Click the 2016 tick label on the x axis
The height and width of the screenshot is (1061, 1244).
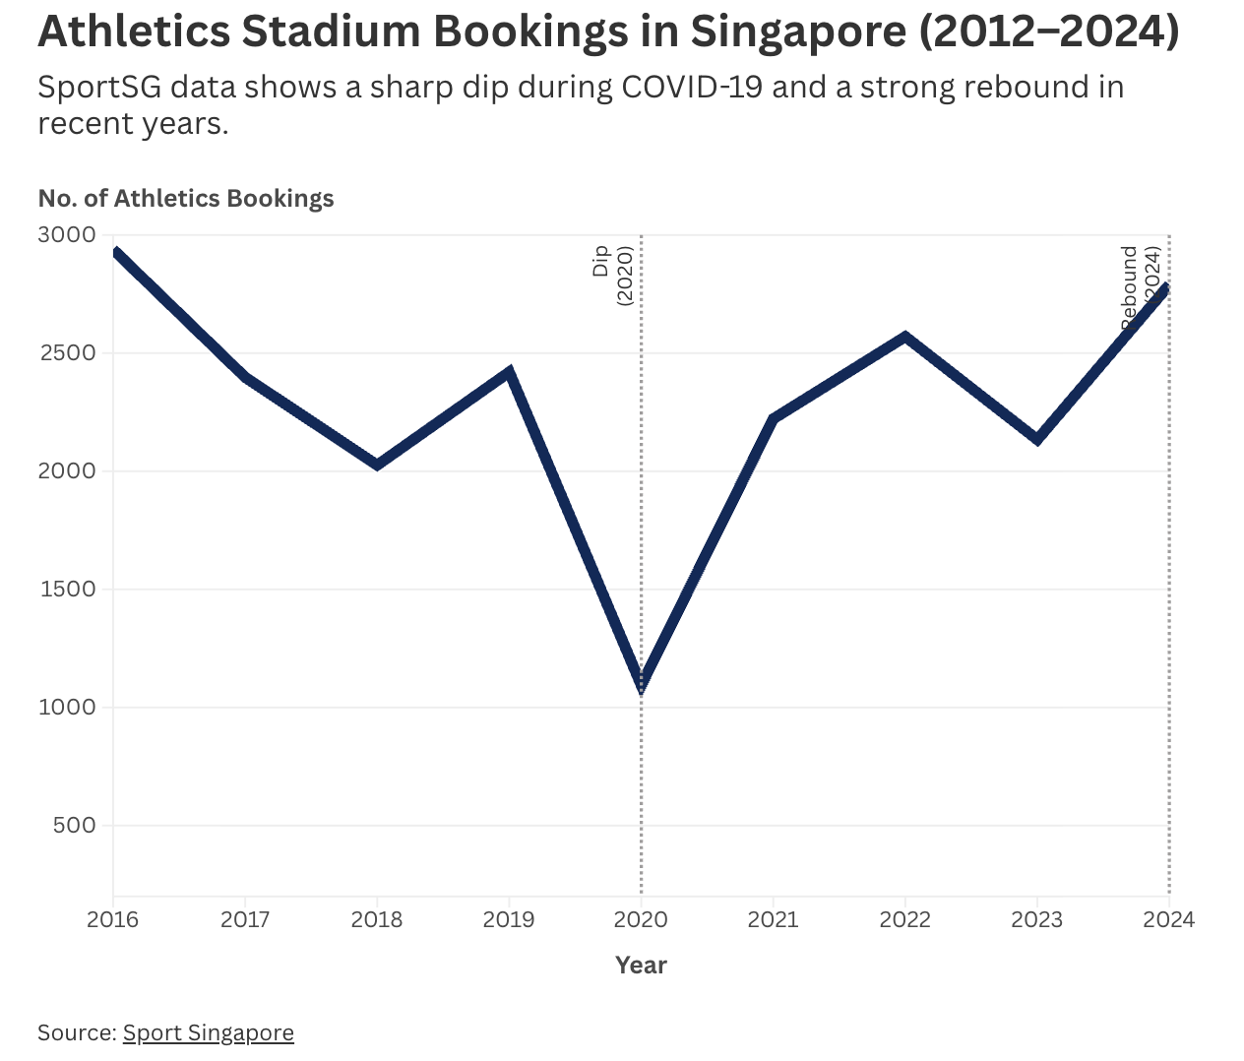click(x=112, y=919)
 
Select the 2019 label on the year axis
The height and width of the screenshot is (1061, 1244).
click(x=509, y=919)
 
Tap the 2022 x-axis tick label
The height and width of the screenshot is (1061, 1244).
click(x=904, y=919)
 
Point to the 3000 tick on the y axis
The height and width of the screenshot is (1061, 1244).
click(x=68, y=235)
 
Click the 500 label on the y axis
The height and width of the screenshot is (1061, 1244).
click(x=75, y=826)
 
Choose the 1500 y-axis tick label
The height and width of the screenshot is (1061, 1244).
click(x=68, y=590)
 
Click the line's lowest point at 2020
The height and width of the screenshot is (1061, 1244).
click(x=642, y=685)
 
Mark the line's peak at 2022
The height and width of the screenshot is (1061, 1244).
click(x=905, y=337)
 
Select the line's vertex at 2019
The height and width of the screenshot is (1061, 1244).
click(x=509, y=372)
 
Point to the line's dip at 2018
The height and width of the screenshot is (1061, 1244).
click(x=377, y=465)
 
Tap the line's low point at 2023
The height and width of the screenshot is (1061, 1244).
click(x=1037, y=439)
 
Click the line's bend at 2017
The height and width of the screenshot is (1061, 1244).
click(x=245, y=377)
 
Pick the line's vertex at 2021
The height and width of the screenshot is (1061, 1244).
click(x=774, y=419)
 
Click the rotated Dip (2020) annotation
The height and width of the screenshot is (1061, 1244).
click(x=612, y=275)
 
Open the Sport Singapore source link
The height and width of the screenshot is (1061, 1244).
click(x=208, y=1032)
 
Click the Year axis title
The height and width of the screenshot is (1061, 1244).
click(x=641, y=966)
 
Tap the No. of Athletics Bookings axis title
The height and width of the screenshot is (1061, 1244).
click(x=186, y=199)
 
